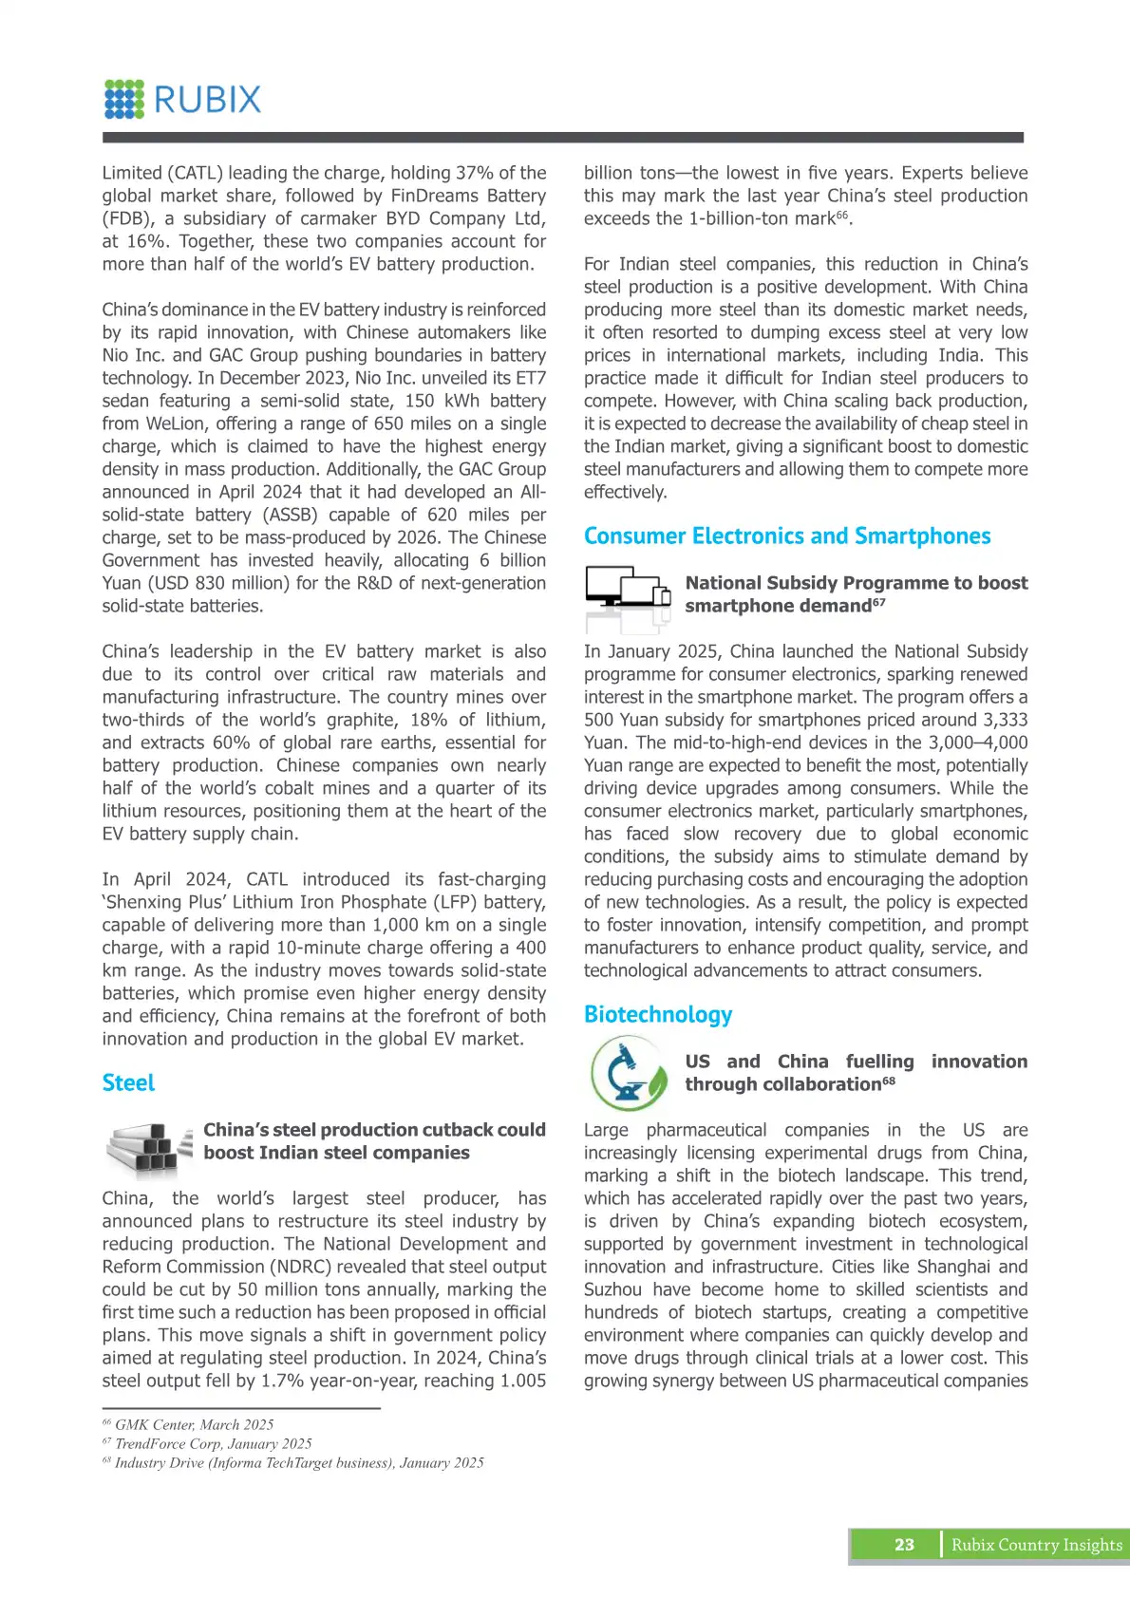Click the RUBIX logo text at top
tap(207, 100)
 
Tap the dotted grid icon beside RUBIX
tap(124, 100)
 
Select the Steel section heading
tap(128, 1083)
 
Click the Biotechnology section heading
tap(658, 1015)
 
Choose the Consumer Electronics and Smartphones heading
tap(787, 536)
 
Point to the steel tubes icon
tap(147, 1146)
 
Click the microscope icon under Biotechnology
tap(629, 1073)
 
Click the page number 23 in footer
tap(904, 1545)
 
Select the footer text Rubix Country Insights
tap(1037, 1545)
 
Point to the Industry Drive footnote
tap(293, 1463)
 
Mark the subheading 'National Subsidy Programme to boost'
tap(857, 583)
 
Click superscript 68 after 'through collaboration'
tap(889, 1081)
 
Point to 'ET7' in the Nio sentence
tap(531, 378)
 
